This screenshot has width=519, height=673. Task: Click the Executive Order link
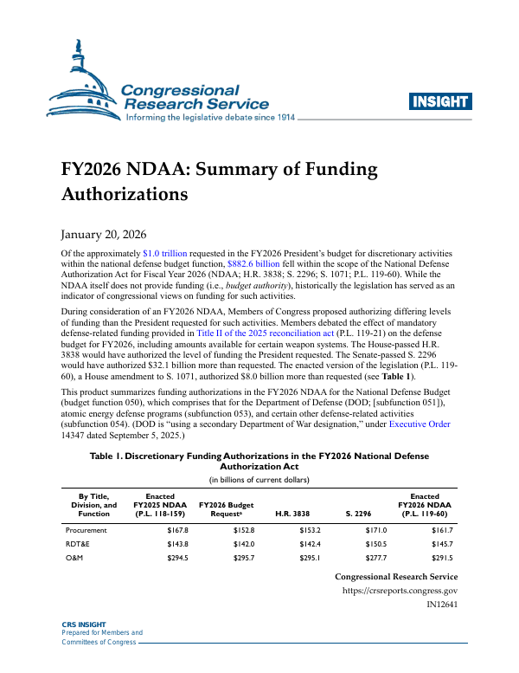coord(425,424)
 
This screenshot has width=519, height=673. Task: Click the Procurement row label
coord(86,529)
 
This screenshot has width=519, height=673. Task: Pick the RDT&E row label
coord(79,543)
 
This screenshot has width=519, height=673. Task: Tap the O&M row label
coord(76,558)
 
